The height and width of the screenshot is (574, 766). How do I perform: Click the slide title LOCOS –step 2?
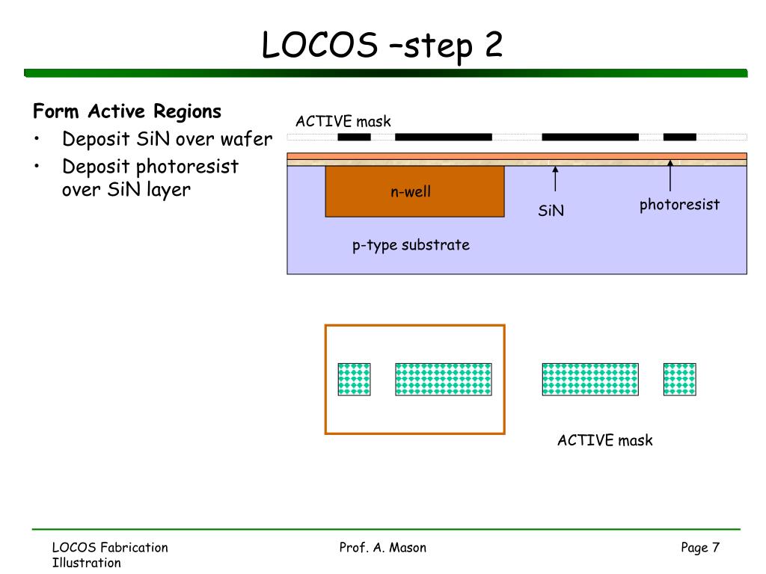point(382,46)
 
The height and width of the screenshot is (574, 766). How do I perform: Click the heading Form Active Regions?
point(127,111)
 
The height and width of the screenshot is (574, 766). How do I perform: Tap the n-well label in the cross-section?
point(411,191)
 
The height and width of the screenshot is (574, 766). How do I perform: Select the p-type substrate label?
point(411,245)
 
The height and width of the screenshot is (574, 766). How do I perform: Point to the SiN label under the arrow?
point(551,210)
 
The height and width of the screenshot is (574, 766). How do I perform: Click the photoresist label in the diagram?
point(679,204)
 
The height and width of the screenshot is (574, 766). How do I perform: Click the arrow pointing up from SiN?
point(555,179)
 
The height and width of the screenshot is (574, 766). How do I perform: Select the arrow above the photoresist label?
point(670,175)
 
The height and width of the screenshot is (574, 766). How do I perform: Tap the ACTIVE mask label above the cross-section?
point(343,121)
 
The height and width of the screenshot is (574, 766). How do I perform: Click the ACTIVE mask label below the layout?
point(604,440)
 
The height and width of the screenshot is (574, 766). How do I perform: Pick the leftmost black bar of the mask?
point(354,138)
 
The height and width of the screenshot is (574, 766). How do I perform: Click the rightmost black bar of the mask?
point(679,138)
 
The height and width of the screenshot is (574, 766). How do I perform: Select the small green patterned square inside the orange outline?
point(354,379)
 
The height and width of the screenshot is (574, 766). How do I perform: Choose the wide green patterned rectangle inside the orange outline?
point(444,379)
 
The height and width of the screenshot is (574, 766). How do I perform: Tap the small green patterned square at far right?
point(679,379)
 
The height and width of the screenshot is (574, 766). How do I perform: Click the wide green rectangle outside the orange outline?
point(590,379)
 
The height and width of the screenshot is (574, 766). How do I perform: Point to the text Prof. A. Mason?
point(382,548)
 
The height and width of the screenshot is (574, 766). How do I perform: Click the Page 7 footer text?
point(700,548)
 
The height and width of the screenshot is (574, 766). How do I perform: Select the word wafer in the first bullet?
point(246,139)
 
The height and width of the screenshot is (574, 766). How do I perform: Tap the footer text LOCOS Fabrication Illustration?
point(110,555)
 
